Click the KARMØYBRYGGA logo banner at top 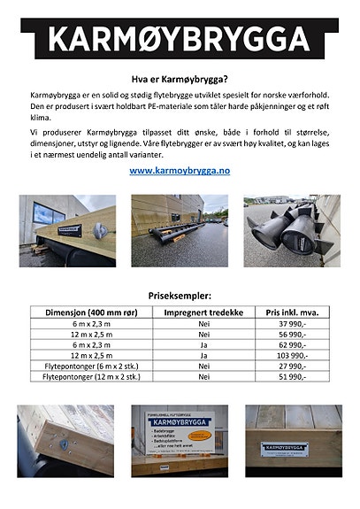(180, 38)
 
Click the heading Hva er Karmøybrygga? (180, 78)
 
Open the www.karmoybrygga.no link (180, 169)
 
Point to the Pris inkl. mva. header (293, 312)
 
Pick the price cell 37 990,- (293, 324)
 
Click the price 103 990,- (293, 356)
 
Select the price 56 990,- (293, 335)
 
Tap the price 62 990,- (293, 345)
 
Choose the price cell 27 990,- (293, 366)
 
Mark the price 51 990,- (293, 377)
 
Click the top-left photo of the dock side (67, 231)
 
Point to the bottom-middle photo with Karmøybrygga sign (180, 440)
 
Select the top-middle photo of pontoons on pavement (180, 231)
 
